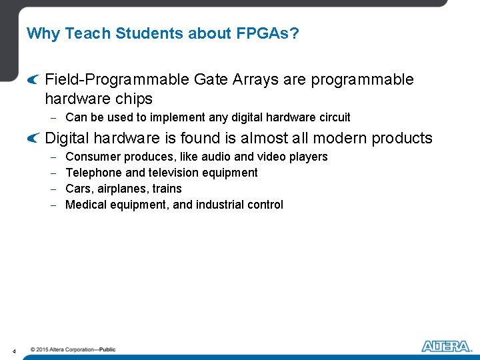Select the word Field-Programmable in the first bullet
pyautogui.click(x=117, y=80)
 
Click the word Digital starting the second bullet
pyautogui.click(x=67, y=138)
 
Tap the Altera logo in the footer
pyautogui.click(x=445, y=346)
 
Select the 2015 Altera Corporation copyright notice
pyautogui.click(x=73, y=349)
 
